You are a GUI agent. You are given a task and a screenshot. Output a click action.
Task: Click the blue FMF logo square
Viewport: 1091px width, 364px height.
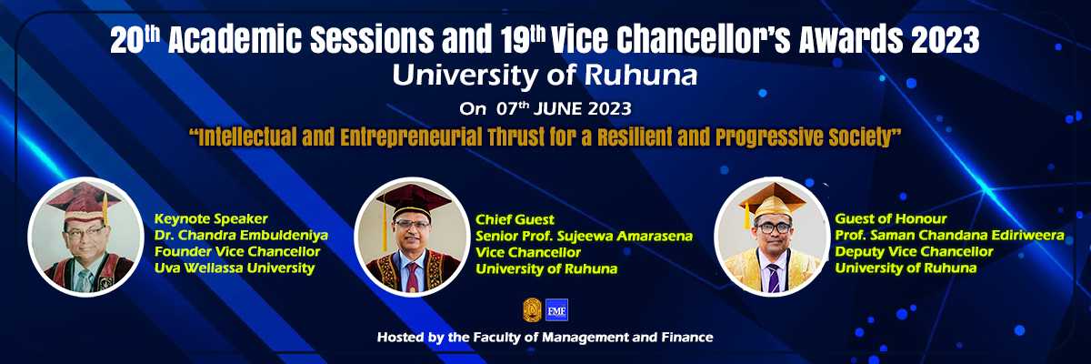click(556, 310)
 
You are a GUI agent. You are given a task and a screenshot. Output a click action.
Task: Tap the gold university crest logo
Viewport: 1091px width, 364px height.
click(532, 310)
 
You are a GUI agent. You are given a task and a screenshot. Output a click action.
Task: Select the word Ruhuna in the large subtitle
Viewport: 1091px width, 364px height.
click(640, 76)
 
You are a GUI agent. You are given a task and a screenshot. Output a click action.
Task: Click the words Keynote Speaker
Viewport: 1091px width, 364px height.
click(211, 218)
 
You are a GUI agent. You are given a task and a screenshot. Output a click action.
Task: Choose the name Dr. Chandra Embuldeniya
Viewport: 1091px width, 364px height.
click(241, 236)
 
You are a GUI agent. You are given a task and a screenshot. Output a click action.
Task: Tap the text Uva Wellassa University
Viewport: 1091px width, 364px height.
click(235, 268)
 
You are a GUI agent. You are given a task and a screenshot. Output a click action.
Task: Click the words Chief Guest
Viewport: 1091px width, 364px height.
click(515, 219)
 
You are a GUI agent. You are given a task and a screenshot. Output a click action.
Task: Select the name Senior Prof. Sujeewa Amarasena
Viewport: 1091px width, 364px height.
click(584, 237)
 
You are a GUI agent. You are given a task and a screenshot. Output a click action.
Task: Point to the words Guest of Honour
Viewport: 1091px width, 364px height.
click(891, 218)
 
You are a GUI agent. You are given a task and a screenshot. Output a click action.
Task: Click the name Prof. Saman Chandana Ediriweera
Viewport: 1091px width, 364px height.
click(950, 236)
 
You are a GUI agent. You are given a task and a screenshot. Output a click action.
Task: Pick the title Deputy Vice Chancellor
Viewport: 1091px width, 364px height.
click(915, 252)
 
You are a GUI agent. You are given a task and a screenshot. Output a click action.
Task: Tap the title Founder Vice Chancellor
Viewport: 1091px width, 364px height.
click(237, 252)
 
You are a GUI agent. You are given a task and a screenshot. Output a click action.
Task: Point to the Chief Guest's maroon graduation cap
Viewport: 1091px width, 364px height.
click(413, 201)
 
